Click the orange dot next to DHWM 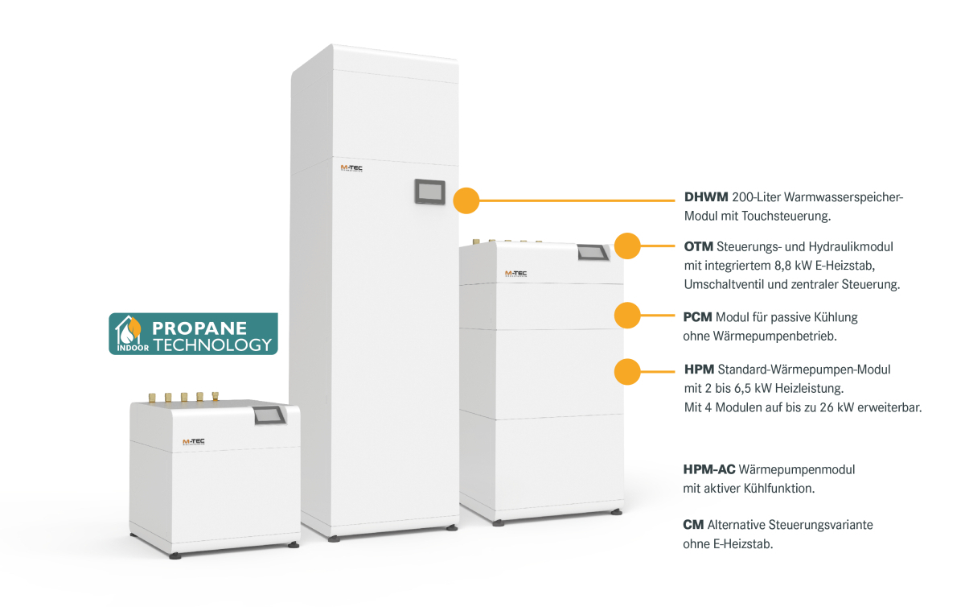click(466, 200)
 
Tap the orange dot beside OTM click(627, 246)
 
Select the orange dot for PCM click(627, 316)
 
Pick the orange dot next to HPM click(627, 371)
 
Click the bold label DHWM click(706, 197)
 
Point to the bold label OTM click(698, 246)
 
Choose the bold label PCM click(698, 317)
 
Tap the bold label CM click(693, 525)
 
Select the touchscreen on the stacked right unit click(593, 252)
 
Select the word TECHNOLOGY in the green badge click(211, 345)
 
